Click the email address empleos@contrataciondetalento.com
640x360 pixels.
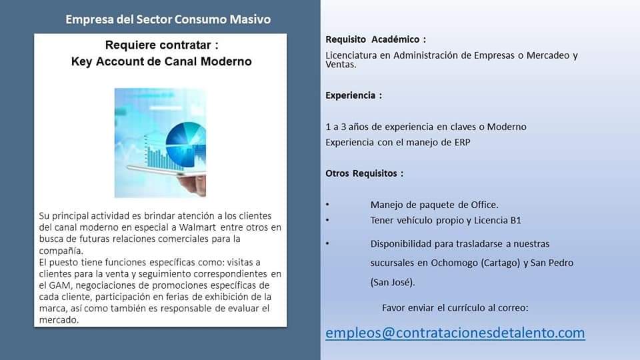click(x=455, y=333)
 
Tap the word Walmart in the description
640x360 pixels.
click(x=197, y=227)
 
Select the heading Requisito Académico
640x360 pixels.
click(x=375, y=39)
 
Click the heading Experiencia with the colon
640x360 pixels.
click(x=353, y=95)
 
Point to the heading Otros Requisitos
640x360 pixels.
click(x=364, y=173)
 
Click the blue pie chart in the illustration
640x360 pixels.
click(x=186, y=145)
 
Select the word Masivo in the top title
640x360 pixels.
click(x=250, y=19)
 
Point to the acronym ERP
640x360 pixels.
click(x=463, y=143)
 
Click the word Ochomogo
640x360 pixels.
click(x=454, y=263)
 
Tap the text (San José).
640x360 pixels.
click(x=393, y=282)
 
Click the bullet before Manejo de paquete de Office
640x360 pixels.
click(x=327, y=205)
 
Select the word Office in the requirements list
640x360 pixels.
click(x=485, y=205)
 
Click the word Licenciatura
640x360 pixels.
click(x=351, y=55)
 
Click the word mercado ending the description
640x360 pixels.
click(x=59, y=320)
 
